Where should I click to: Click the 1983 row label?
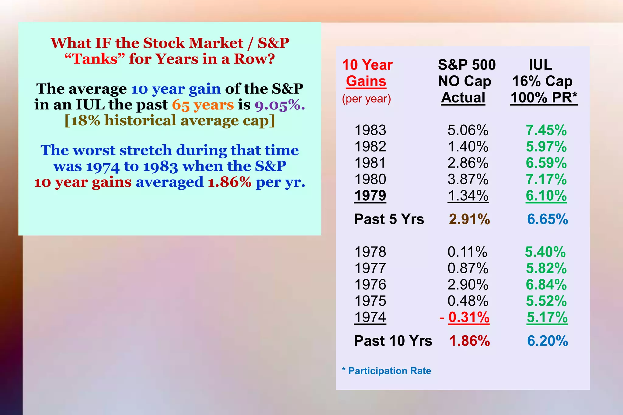click(x=370, y=130)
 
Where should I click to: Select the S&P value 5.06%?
click(x=468, y=130)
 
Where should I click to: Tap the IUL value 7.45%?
click(x=546, y=130)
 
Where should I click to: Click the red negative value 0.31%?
click(x=469, y=317)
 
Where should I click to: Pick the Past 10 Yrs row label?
click(x=393, y=341)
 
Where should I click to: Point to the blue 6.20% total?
click(x=547, y=341)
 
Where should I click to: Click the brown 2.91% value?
click(x=469, y=219)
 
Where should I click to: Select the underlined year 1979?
click(x=370, y=195)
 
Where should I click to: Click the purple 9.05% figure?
click(x=280, y=105)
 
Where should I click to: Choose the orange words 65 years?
click(x=203, y=105)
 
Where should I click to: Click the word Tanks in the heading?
click(x=95, y=59)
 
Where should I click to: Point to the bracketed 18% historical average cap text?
click(x=170, y=120)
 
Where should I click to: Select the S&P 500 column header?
click(x=467, y=65)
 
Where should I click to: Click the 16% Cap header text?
click(x=542, y=81)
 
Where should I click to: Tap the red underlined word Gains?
click(x=366, y=81)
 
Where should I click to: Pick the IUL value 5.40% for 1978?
click(x=545, y=252)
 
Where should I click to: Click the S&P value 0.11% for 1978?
click(x=467, y=252)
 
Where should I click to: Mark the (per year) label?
click(x=366, y=99)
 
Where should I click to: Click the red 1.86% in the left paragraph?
click(x=230, y=182)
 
